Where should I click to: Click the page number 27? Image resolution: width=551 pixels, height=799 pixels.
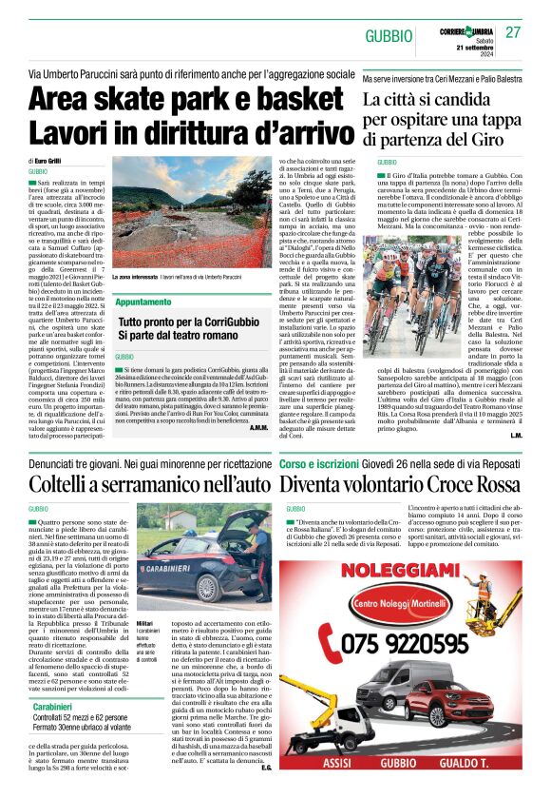tap(513, 32)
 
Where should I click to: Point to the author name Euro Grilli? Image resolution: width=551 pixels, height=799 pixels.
tap(56, 162)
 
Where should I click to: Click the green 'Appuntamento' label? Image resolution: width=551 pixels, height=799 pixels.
tap(143, 302)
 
